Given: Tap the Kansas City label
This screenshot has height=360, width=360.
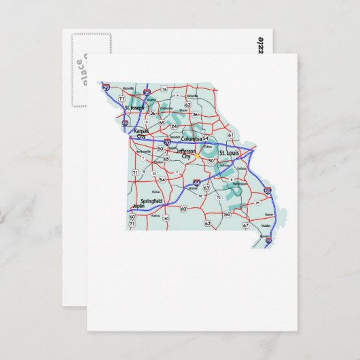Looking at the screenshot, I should click(x=141, y=132).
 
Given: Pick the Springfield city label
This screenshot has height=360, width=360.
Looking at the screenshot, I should click(x=150, y=202).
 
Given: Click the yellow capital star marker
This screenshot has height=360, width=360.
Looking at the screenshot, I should click(x=197, y=155).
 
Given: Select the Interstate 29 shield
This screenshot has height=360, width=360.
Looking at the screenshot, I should click(x=105, y=86).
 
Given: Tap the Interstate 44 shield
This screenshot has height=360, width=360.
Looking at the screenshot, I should click(x=197, y=183).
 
